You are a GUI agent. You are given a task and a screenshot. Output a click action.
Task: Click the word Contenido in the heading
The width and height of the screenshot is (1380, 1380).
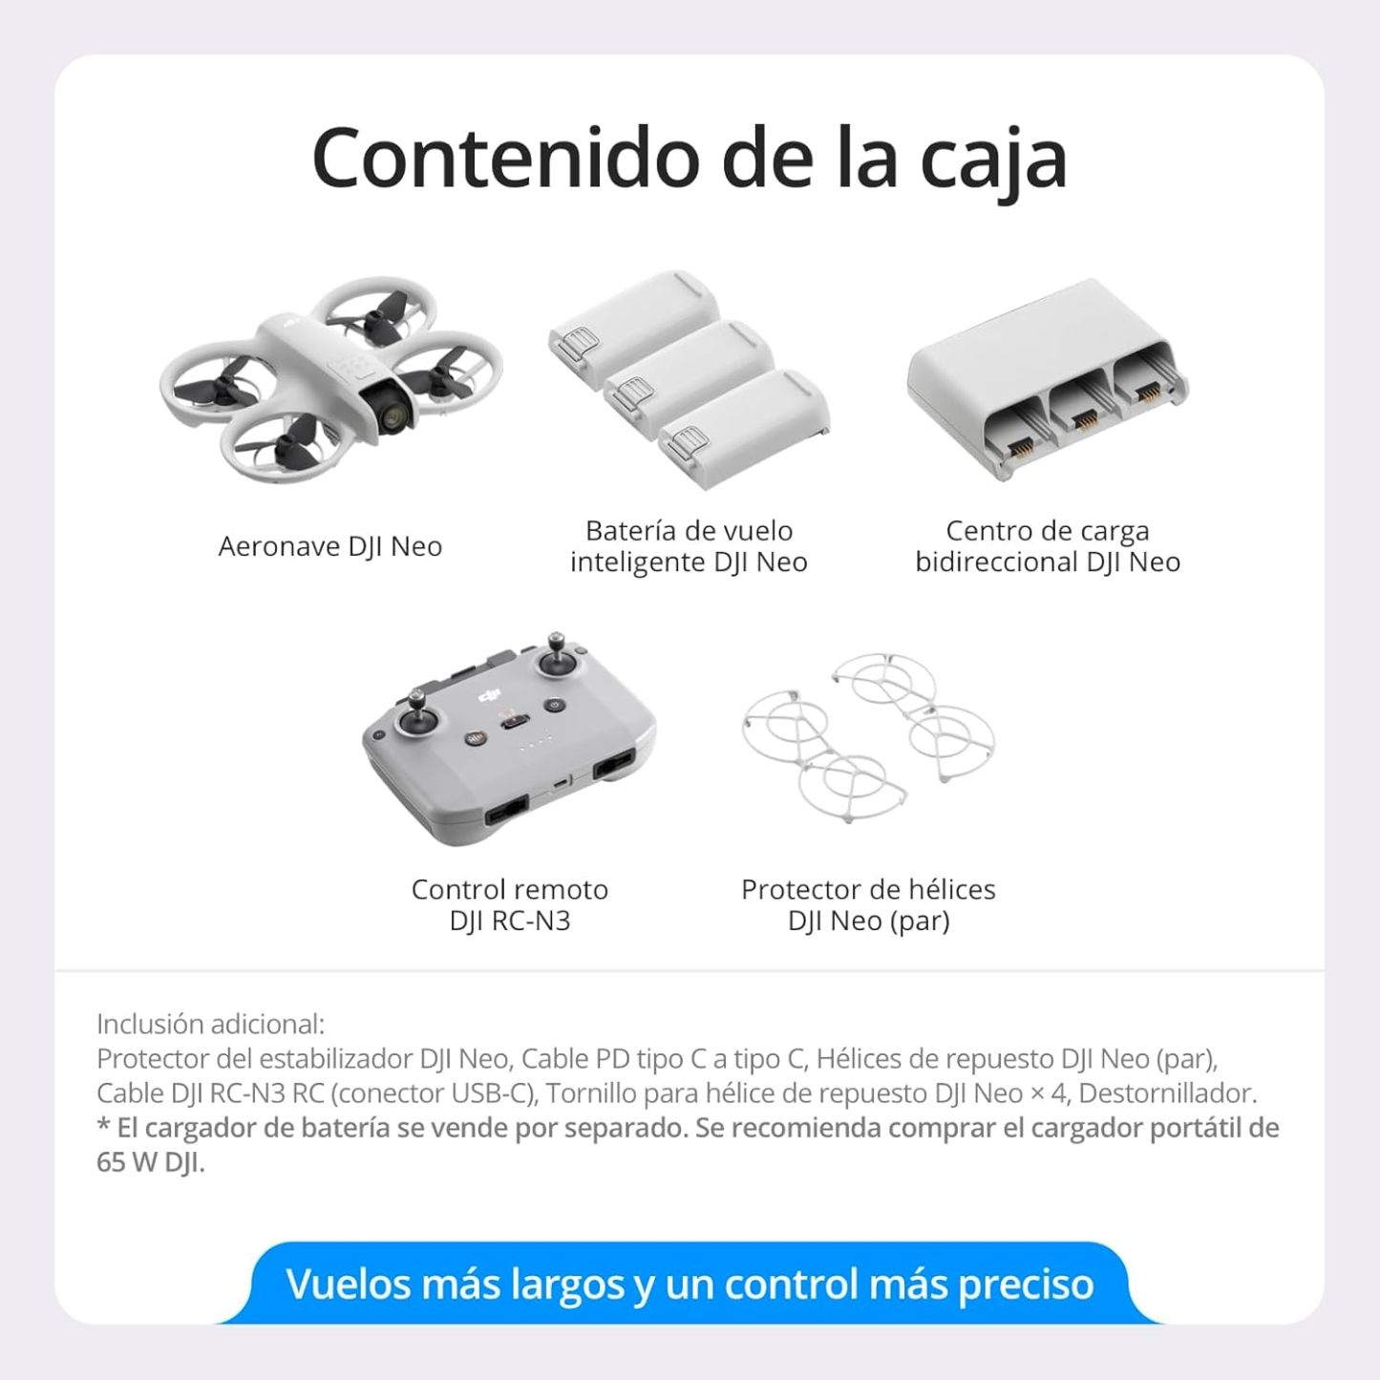(505, 159)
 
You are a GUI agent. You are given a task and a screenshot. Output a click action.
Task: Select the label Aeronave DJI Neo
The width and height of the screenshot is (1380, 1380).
(330, 546)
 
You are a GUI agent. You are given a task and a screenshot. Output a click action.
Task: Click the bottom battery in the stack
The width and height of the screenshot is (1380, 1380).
(744, 429)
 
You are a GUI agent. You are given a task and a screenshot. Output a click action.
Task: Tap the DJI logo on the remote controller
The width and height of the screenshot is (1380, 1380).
(490, 694)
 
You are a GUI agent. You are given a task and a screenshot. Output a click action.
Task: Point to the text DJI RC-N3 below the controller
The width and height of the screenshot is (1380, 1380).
(510, 921)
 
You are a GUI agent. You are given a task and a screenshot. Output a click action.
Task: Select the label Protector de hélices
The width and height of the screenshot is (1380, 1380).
(869, 889)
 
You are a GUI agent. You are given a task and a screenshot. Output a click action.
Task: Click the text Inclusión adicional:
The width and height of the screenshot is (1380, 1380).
(210, 1025)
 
